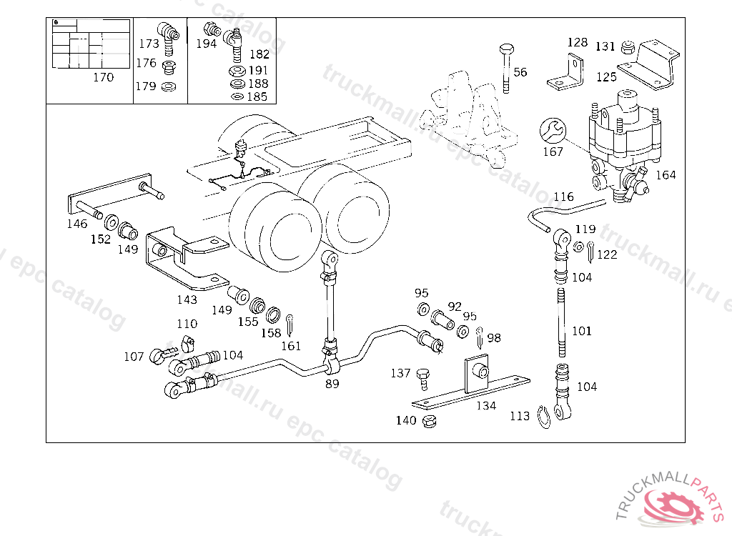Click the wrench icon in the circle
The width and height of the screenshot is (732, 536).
pos(553,131)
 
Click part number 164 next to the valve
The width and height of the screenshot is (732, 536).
pos(666,174)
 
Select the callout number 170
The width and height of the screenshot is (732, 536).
pos(103,77)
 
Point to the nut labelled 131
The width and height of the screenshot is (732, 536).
pos(628,47)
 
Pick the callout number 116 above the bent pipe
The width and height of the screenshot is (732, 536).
pos(563,197)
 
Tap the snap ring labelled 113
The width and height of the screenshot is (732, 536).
pos(543,417)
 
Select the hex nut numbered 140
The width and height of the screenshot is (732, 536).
pos(429,422)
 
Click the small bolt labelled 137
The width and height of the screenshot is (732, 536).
pos(423,379)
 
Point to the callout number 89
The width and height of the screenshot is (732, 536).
pos(332,384)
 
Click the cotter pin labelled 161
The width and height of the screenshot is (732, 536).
pos(290,325)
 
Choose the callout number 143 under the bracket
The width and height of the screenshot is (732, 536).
pos(187,299)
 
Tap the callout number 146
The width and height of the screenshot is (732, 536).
pos(77,224)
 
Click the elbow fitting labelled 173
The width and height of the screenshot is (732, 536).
pos(168,37)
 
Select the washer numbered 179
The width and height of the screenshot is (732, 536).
pos(168,86)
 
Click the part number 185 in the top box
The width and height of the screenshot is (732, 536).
pos(257,96)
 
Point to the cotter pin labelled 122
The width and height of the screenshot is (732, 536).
pos(590,251)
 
